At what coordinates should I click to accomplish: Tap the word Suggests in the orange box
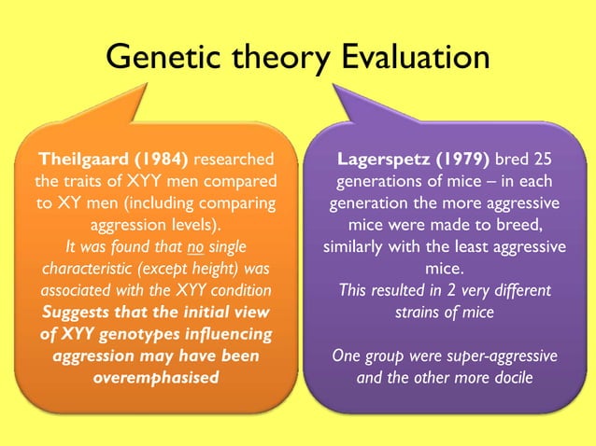[x=67, y=311]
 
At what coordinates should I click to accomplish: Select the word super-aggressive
[x=497, y=355]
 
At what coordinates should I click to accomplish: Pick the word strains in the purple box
[x=424, y=311]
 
